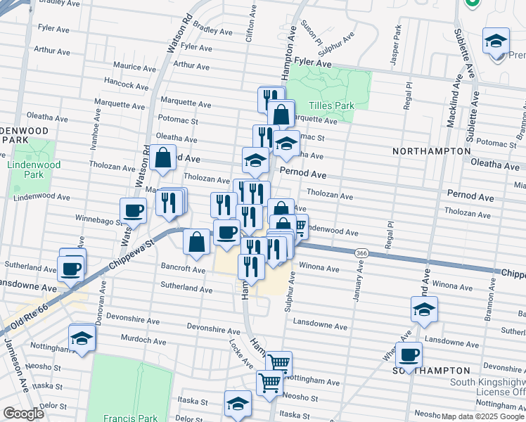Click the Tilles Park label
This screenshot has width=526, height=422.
point(330,105)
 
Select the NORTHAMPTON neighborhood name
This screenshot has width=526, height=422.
point(431,151)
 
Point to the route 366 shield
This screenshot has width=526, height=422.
point(361,252)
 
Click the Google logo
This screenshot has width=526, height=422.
point(23,414)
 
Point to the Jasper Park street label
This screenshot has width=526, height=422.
point(397,41)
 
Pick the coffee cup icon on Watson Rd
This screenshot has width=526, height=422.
point(133,210)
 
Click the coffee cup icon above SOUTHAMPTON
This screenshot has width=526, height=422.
point(409,354)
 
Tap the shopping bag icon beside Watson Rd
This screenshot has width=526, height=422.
point(162,158)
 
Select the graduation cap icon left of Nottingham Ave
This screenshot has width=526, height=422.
point(82,338)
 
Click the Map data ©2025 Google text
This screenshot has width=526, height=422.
point(482,416)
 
